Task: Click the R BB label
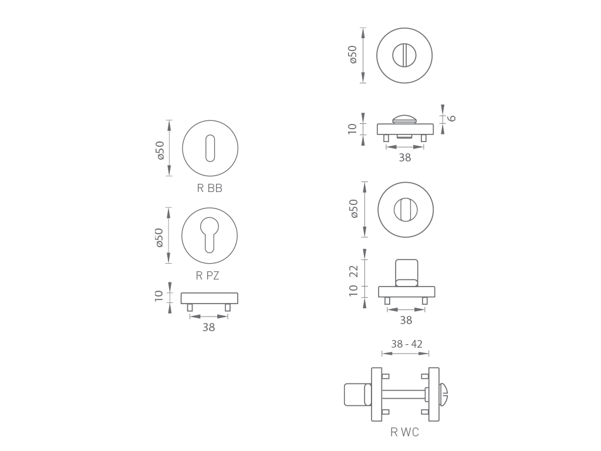click(210, 189)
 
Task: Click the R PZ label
click(207, 276)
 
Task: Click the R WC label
click(405, 432)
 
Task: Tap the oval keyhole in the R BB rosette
click(210, 147)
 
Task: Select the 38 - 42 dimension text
click(407, 344)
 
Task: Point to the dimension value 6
click(453, 118)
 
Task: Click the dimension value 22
click(353, 271)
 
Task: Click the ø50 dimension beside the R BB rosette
click(160, 150)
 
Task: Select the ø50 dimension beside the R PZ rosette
click(159, 238)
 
